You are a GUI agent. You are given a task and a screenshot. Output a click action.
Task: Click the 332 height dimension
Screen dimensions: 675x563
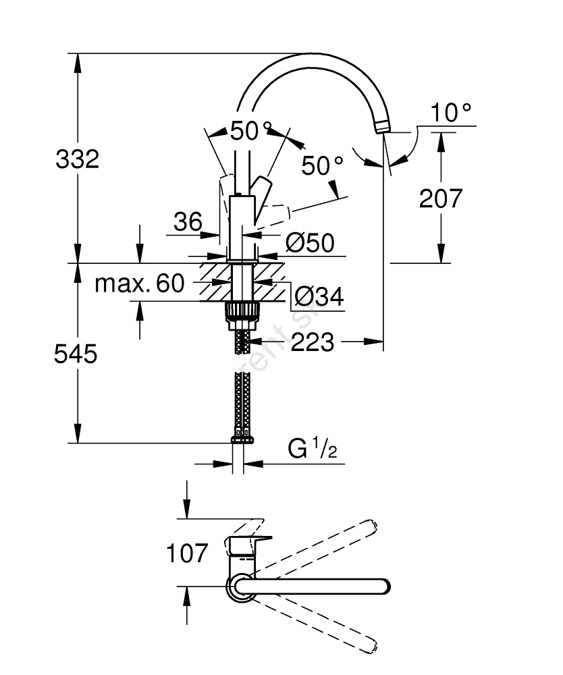point(77,159)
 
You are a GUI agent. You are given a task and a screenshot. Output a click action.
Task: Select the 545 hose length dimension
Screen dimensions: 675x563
point(76,354)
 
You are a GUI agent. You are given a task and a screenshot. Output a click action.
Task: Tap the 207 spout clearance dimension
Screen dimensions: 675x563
point(441,198)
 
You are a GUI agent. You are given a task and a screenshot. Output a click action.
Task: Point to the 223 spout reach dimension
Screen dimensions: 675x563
point(313,342)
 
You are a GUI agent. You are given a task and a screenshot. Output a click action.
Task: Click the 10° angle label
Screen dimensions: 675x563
point(451,113)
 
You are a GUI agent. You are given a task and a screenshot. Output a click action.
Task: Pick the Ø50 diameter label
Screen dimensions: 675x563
point(310,242)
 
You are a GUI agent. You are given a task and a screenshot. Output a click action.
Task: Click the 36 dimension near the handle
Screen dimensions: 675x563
point(188,221)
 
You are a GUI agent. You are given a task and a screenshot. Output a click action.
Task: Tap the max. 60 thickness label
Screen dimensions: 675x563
point(139,283)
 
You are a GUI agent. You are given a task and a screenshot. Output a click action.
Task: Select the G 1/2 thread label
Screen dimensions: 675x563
point(313,449)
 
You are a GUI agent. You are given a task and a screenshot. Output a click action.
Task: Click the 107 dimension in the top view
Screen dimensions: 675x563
point(187,553)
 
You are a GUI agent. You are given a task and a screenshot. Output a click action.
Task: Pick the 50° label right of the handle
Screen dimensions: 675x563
point(323,165)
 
